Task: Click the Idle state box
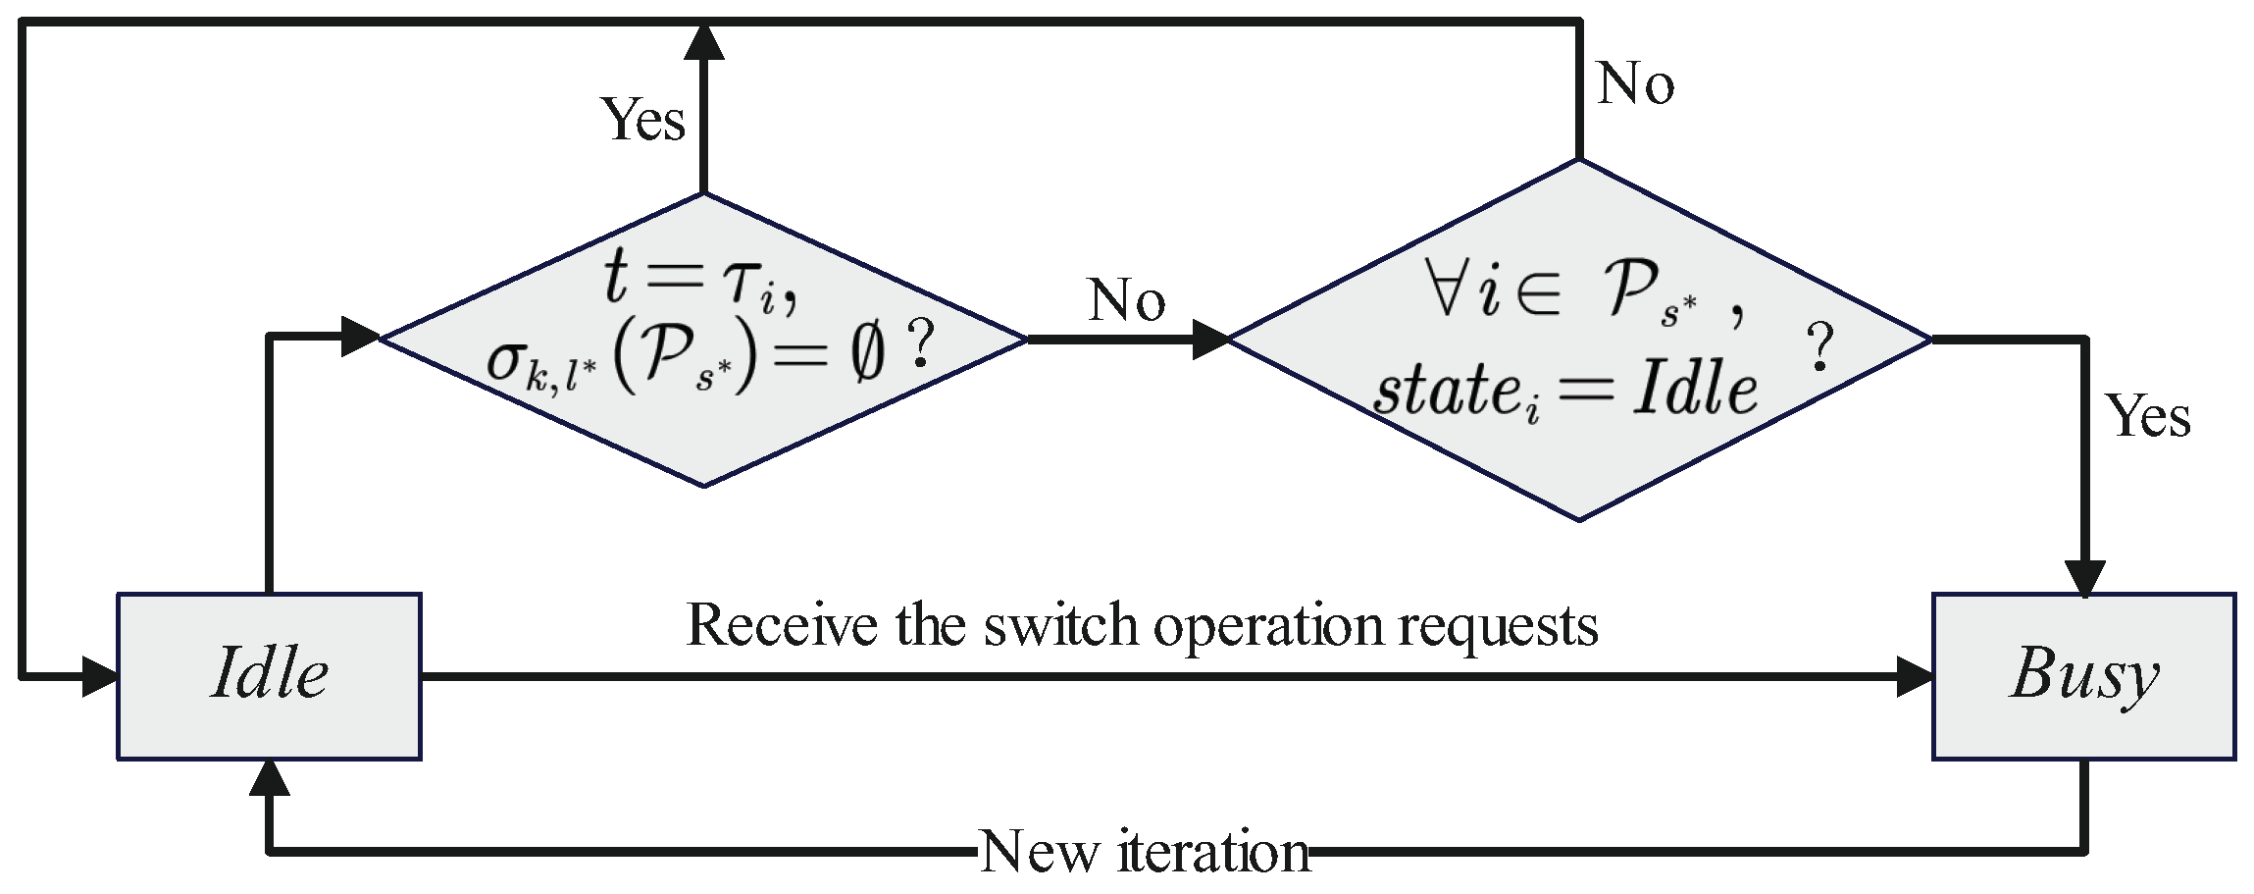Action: pos(269,675)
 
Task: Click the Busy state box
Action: pos(2083,675)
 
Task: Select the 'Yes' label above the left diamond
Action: pos(642,120)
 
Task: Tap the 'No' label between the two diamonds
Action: pos(1126,299)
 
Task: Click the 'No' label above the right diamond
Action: pos(1635,83)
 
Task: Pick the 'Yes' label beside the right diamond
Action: pos(2148,415)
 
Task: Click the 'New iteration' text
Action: pos(1144,851)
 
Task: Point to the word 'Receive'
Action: pos(782,625)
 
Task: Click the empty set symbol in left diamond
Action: pos(867,354)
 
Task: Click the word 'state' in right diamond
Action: pos(1446,391)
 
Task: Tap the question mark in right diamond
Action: pos(1819,347)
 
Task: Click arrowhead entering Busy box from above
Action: pos(2084,578)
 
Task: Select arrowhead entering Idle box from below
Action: pos(269,777)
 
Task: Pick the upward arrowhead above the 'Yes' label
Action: pos(703,41)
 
